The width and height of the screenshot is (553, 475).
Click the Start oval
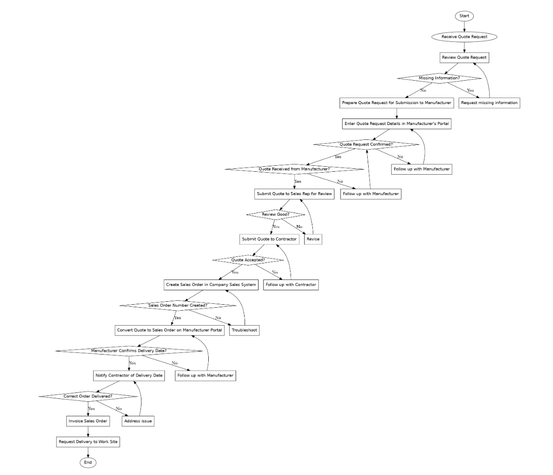pyautogui.click(x=464, y=16)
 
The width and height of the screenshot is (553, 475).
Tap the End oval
pyautogui.click(x=88, y=463)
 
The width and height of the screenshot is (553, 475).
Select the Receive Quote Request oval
pyautogui.click(x=464, y=37)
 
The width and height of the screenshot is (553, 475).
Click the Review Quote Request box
pyautogui.click(x=464, y=58)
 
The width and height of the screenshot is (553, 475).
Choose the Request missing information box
pyautogui.click(x=489, y=103)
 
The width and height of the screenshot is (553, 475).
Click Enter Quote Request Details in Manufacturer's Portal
pyautogui.click(x=397, y=123)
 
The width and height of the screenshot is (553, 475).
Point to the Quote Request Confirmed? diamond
pyautogui.click(x=366, y=144)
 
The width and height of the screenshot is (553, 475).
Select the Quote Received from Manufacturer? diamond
pyautogui.click(x=294, y=169)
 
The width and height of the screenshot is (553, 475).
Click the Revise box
pyautogui.click(x=313, y=239)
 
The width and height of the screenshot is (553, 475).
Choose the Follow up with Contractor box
pyautogui.click(x=291, y=285)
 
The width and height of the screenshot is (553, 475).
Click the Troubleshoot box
pyautogui.click(x=245, y=330)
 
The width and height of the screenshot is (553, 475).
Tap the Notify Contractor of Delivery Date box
pyautogui.click(x=129, y=375)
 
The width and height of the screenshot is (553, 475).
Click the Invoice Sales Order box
pyautogui.click(x=88, y=421)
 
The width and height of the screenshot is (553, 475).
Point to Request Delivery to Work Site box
pyautogui.click(x=88, y=442)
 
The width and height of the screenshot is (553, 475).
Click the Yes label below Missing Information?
pyautogui.click(x=470, y=91)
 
